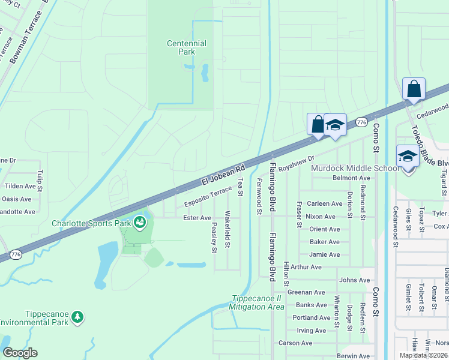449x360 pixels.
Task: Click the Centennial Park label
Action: click(x=186, y=47)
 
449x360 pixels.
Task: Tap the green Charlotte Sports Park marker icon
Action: click(x=140, y=223)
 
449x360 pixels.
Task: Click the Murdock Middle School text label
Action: click(x=355, y=167)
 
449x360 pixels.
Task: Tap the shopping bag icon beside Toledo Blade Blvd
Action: click(x=414, y=89)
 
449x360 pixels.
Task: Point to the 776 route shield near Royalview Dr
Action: click(x=361, y=122)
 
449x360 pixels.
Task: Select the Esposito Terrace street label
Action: click(x=208, y=197)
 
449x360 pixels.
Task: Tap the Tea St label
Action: click(x=241, y=186)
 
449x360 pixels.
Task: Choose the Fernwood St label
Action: click(x=259, y=196)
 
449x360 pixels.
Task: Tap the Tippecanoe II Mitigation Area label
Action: click(x=256, y=302)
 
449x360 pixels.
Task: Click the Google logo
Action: click(x=20, y=353)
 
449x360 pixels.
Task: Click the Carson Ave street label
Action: click(x=295, y=343)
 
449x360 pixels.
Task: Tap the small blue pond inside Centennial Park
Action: click(x=205, y=73)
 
